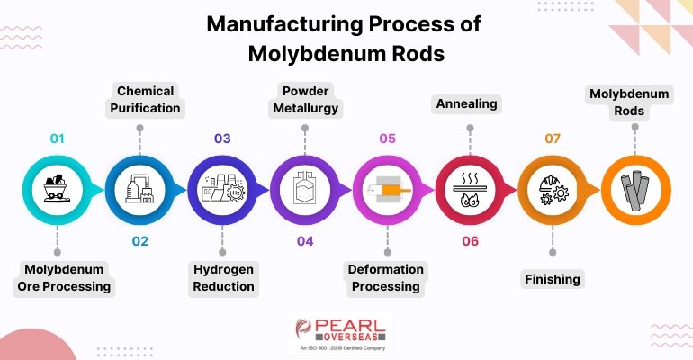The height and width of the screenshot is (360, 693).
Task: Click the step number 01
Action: [57, 139]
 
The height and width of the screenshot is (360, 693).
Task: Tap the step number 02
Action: [139, 241]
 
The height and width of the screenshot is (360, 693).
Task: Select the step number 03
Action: [222, 139]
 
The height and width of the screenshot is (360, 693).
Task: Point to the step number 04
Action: [305, 241]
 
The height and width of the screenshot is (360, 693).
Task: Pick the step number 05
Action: [387, 139]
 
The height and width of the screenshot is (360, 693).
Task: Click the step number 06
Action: [470, 241]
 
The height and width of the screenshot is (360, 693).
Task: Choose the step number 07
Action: [553, 139]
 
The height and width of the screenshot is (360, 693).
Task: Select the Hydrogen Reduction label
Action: [223, 278]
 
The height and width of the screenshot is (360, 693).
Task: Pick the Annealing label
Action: [467, 104]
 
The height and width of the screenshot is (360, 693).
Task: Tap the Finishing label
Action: [553, 279]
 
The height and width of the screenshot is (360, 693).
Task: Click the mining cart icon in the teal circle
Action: [57, 190]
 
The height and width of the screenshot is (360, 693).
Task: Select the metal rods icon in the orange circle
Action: [635, 190]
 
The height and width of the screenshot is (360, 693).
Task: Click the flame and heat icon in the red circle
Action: [470, 190]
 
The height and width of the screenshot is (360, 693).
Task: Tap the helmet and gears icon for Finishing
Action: [553, 190]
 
